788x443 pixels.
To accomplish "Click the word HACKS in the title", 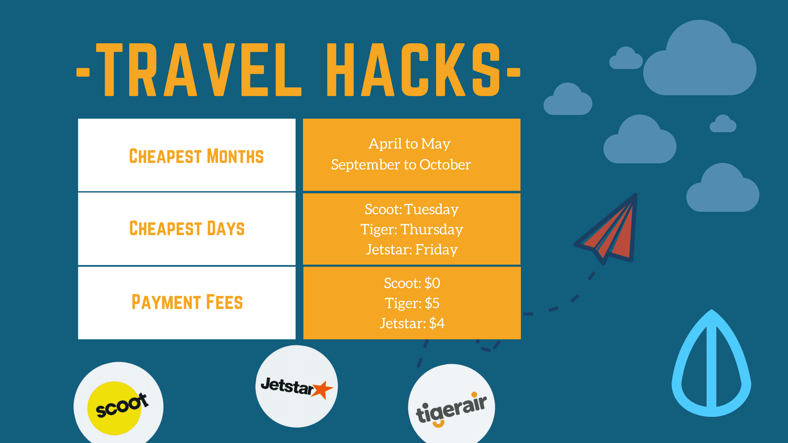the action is point(414,70).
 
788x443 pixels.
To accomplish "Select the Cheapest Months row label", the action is point(196,156).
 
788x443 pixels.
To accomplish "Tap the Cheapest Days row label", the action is point(187,228).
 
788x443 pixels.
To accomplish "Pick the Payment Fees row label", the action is point(187,302).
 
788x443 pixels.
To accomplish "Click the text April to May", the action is point(409,144).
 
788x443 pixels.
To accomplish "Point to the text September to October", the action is point(401,165).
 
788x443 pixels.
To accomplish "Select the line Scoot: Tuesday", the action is point(412,209).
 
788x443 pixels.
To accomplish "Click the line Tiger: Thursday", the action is point(412,229).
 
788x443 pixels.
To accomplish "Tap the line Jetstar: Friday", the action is point(412,249).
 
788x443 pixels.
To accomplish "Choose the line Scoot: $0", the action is point(412,283).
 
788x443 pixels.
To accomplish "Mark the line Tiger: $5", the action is point(412,303).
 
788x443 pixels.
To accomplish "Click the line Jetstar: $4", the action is point(412,323).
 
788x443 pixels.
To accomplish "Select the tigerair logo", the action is point(451,408).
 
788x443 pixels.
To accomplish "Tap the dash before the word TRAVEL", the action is point(83,73).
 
